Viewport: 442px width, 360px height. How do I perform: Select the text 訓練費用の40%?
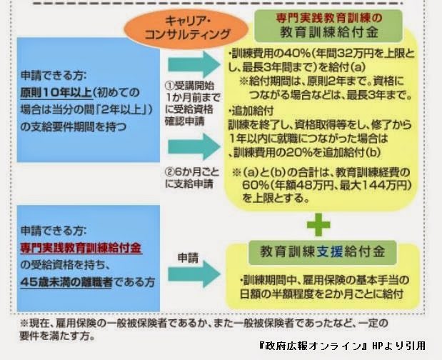coord(271,53)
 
